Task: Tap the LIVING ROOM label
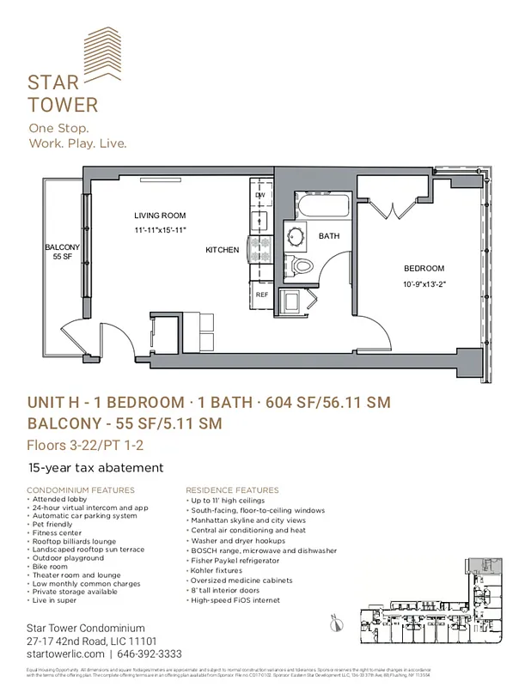coord(160,216)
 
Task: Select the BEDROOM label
coord(424,269)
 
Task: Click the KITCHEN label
coord(222,250)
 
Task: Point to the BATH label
coord(329,235)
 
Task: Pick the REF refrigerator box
coord(262,295)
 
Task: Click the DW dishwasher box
coord(259,195)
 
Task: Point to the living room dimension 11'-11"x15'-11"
coord(160,230)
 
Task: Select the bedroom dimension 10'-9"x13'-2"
coord(424,283)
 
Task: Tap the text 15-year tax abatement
coord(95,467)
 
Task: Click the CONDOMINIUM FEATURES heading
coord(81,489)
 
